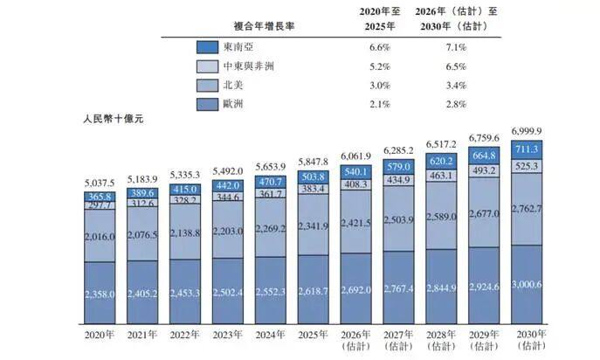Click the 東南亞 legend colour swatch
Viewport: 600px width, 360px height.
point(207,47)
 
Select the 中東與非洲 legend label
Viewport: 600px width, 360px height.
point(249,66)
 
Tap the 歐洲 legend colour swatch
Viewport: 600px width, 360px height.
point(207,104)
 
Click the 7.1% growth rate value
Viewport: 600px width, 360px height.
point(456,47)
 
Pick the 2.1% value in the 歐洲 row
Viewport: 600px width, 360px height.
point(380,104)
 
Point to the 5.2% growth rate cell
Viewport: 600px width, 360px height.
point(380,66)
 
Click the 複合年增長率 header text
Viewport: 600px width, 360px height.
point(264,26)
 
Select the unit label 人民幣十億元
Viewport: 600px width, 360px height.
point(114,119)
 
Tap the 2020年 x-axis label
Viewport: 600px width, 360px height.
point(100,335)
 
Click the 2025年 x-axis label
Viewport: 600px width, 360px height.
point(313,335)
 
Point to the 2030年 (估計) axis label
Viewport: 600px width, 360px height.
point(532,340)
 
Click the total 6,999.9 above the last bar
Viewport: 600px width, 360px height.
point(527,131)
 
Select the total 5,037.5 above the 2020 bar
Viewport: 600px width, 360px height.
point(100,183)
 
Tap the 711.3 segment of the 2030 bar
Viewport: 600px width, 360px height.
point(527,149)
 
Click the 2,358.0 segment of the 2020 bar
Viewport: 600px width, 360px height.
point(100,293)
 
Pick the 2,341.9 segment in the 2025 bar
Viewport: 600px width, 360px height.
point(313,225)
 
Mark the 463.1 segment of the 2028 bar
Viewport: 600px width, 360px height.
point(441,176)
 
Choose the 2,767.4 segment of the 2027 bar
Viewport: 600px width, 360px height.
point(398,287)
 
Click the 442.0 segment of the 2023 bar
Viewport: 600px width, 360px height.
point(228,186)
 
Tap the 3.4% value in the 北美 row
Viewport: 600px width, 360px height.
point(456,86)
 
